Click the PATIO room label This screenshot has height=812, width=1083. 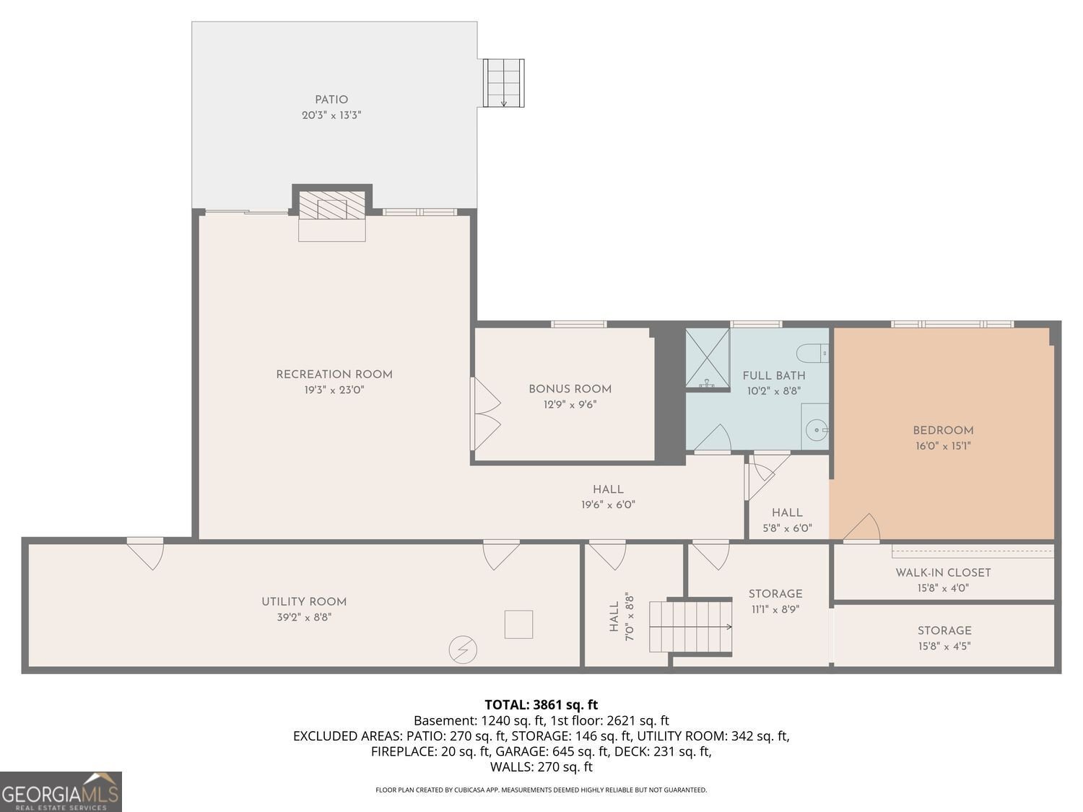coord(331,100)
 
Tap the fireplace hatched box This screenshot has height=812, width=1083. coord(332,205)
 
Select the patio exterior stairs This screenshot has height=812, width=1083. coord(503,83)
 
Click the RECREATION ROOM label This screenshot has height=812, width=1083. coord(334,375)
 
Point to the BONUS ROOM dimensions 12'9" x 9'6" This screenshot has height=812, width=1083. coord(570,405)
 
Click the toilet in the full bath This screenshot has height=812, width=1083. coord(812,354)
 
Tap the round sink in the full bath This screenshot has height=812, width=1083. coord(817,430)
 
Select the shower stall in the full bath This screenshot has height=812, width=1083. coord(708,358)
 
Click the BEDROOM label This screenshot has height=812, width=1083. coord(943,430)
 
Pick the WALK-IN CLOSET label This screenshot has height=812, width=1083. coord(943,572)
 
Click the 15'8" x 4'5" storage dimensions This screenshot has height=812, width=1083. coord(944,646)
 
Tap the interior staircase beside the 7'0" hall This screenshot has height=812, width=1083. coord(690,627)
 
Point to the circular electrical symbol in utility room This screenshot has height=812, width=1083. coord(463,650)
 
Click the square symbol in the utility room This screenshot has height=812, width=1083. coord(518,624)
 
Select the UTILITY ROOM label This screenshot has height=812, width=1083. coord(304,601)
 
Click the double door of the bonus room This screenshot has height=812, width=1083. coord(486,414)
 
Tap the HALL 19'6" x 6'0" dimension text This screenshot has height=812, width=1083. coord(608,505)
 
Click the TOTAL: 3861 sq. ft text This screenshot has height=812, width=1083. coord(541,704)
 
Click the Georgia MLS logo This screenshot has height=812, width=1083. coord(61,791)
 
